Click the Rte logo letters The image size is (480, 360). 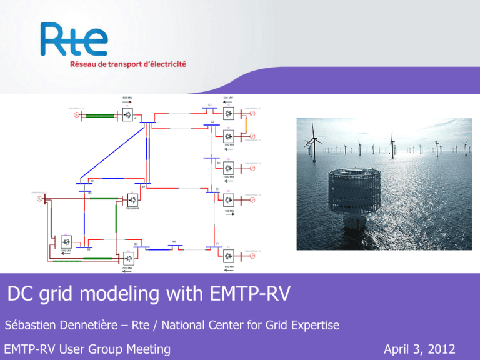coord(74,41)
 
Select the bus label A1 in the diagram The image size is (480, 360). coord(136,118)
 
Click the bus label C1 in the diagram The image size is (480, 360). coord(210,104)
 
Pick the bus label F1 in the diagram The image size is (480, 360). coord(217,242)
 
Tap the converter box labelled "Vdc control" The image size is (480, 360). coord(132,200)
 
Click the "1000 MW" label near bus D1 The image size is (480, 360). coord(229,176)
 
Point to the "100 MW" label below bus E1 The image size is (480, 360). coord(229,211)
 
